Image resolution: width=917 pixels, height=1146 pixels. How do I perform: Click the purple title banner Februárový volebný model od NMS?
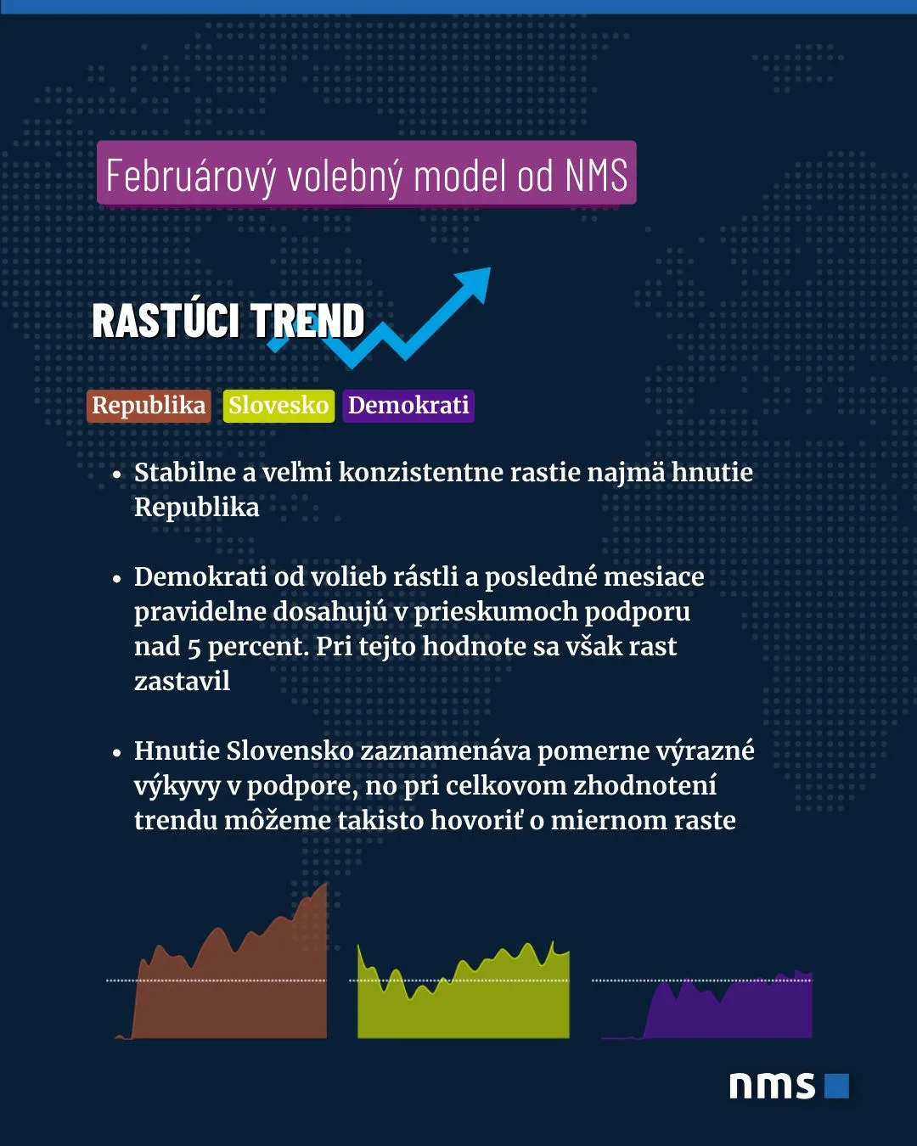(367, 172)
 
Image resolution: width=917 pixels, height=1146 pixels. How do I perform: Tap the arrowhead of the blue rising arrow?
(475, 282)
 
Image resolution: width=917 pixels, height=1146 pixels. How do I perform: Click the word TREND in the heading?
(307, 320)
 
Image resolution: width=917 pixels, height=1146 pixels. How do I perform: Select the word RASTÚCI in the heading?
(166, 320)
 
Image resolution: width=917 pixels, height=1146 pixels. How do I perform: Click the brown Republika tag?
(149, 406)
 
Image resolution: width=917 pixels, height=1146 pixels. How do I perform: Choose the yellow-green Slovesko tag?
(278, 406)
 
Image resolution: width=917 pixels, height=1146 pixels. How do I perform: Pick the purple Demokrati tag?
(408, 406)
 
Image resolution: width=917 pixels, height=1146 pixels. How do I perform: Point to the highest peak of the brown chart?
(325, 884)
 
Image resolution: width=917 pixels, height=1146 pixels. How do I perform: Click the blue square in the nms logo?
(836, 1086)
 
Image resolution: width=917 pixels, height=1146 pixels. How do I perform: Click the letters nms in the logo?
(772, 1086)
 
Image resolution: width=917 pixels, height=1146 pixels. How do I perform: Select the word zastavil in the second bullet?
(183, 682)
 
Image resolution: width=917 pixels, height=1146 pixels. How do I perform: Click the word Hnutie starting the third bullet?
(177, 751)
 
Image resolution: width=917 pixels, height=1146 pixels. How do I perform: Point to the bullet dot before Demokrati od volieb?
(117, 579)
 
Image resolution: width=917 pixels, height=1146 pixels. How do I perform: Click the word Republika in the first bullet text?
(197, 508)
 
